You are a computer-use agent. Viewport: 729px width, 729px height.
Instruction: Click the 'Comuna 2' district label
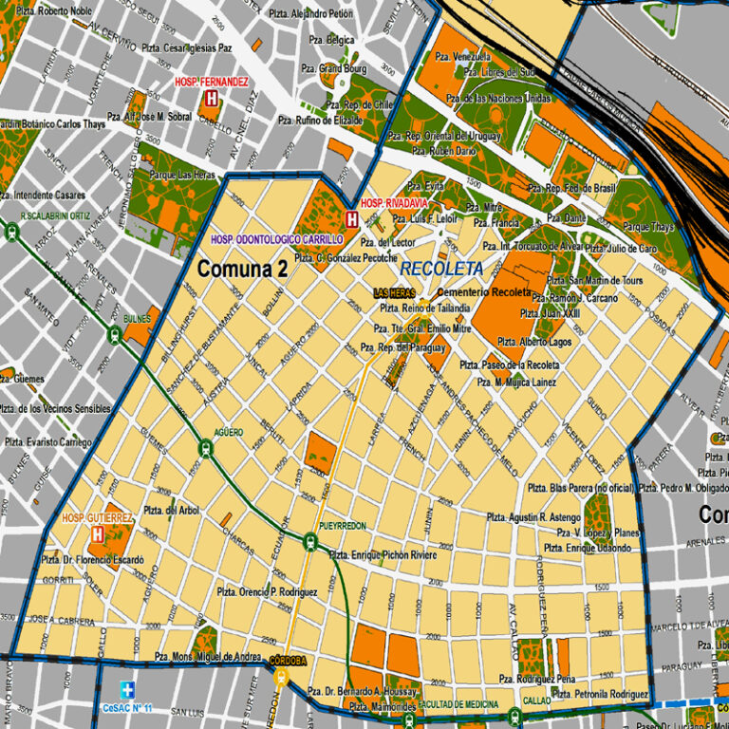[242, 270]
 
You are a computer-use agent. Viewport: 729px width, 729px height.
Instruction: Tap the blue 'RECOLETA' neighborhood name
[441, 269]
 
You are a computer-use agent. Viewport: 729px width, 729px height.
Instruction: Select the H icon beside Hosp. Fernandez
[211, 98]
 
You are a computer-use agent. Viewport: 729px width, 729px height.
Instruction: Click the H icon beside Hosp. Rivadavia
[351, 219]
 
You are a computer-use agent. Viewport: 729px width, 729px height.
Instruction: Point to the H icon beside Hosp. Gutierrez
[97, 534]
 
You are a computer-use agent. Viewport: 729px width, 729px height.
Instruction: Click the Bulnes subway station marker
[115, 333]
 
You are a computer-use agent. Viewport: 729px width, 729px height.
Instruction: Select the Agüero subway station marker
[205, 447]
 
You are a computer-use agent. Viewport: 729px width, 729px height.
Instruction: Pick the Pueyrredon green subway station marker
[310, 540]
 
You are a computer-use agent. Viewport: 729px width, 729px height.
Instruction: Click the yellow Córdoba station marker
[281, 677]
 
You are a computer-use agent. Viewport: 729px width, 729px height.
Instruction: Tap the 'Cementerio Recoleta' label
[483, 292]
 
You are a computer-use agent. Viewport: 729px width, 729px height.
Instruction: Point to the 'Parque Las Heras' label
[182, 176]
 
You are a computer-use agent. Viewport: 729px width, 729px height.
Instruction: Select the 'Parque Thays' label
[648, 228]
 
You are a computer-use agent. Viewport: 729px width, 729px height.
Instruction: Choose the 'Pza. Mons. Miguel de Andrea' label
[207, 657]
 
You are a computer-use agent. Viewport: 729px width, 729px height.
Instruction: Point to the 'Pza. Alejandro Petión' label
[310, 14]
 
